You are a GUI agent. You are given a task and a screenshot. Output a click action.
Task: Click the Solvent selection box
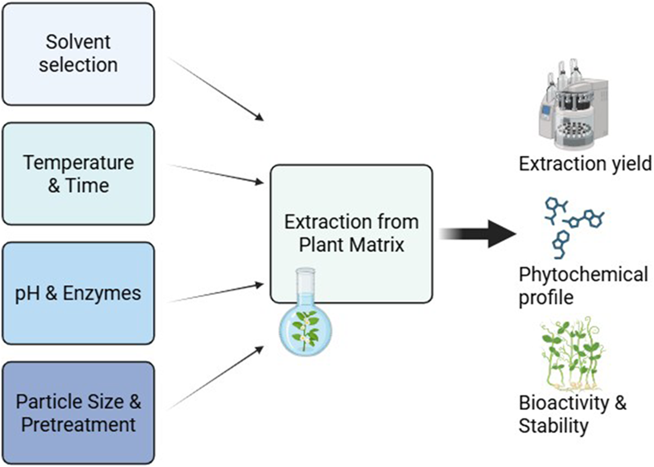[78, 54]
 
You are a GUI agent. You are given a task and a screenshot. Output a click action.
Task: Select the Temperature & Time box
[78, 173]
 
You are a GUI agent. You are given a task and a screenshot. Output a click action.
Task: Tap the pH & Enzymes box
[78, 293]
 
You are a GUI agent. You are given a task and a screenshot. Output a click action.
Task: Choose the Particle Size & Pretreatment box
[78, 413]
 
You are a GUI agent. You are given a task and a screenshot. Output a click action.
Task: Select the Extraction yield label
[585, 164]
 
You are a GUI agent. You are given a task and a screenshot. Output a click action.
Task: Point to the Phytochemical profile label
[583, 286]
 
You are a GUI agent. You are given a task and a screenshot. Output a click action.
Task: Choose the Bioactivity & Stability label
[572, 414]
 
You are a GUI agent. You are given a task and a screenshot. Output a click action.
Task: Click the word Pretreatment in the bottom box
[78, 424]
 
